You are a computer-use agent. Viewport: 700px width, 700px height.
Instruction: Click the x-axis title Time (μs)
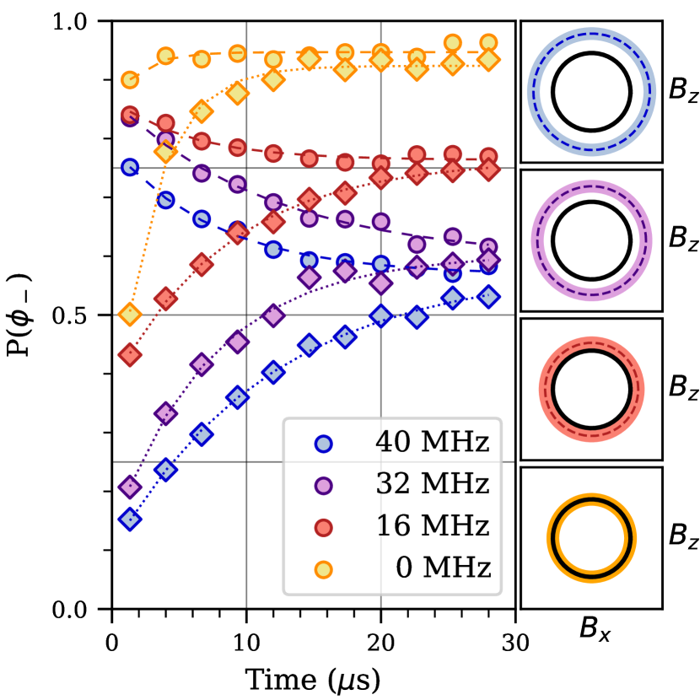[x=312, y=676]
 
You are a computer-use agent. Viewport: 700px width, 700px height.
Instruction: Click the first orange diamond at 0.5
[x=129, y=315]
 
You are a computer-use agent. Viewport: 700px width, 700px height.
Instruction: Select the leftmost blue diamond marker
[x=129, y=520]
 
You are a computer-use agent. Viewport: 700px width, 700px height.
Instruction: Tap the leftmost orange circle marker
[x=129, y=80]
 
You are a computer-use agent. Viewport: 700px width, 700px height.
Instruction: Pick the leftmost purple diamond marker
[x=129, y=487]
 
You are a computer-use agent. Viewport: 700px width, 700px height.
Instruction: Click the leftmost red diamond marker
[x=129, y=355]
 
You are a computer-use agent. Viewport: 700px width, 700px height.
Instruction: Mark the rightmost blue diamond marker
[x=488, y=297]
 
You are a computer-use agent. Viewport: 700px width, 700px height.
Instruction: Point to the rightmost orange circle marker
[x=488, y=43]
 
